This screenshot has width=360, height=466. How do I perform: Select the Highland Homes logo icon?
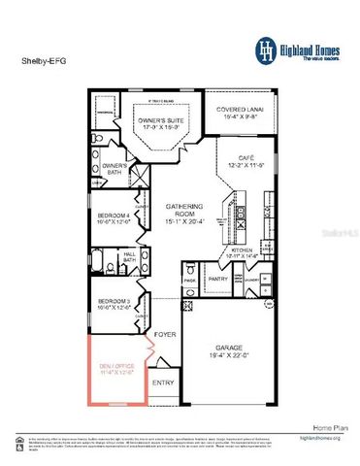[265, 50]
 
